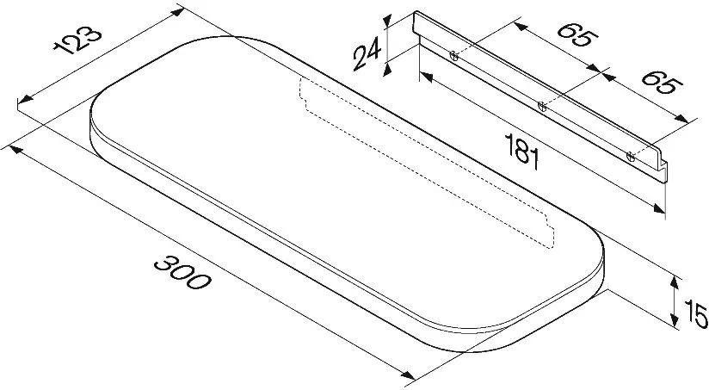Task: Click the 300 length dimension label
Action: pos(182,273)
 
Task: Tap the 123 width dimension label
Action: pos(77,40)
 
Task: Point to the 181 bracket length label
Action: pos(522,152)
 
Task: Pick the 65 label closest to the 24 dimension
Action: pos(577,34)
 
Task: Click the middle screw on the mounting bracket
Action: pos(542,107)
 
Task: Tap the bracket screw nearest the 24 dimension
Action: pos(454,56)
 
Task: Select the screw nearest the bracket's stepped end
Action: pos(631,157)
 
